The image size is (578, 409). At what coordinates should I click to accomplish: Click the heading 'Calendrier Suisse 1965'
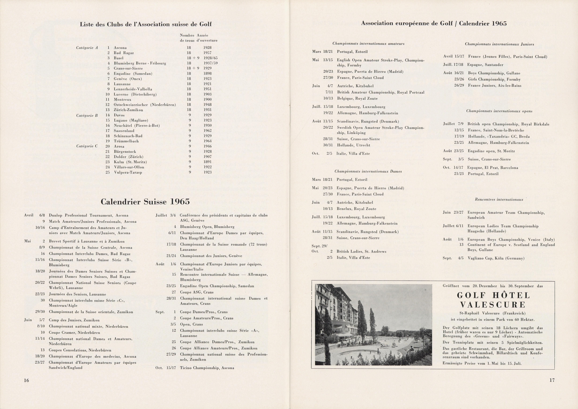(x=145, y=202)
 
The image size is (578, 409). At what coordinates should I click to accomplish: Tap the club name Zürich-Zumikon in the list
(x=128, y=110)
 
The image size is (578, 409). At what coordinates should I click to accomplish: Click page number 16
(x=26, y=380)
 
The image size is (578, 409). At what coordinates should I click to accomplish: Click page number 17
(x=552, y=380)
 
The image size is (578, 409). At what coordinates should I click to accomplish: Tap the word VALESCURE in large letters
(x=493, y=305)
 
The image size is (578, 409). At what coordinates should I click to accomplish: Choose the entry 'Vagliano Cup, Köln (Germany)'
(x=496, y=258)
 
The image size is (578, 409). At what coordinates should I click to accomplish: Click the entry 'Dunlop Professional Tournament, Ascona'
(x=89, y=215)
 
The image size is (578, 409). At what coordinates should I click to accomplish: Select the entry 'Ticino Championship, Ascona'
(x=207, y=368)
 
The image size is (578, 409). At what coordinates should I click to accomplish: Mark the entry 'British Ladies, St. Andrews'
(x=361, y=251)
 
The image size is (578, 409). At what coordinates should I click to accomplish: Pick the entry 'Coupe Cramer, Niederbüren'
(x=74, y=332)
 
